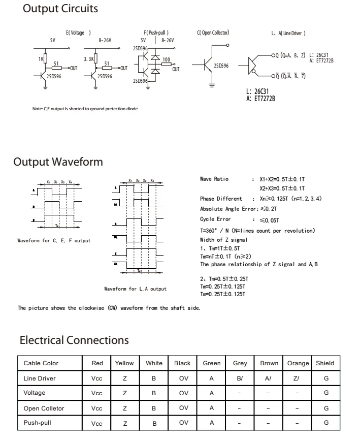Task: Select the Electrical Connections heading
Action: (74, 340)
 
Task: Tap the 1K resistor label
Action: (41, 59)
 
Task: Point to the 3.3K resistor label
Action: (89, 59)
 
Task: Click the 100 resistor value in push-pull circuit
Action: (166, 59)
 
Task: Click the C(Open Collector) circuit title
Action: (213, 33)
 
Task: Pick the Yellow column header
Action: (124, 363)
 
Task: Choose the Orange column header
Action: (298, 363)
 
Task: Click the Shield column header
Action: (325, 363)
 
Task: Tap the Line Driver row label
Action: (40, 378)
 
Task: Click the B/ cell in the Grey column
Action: (240, 378)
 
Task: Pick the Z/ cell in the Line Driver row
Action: (298, 378)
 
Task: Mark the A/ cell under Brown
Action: (269, 378)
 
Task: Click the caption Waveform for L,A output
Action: (135, 289)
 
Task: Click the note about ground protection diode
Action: (84, 108)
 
